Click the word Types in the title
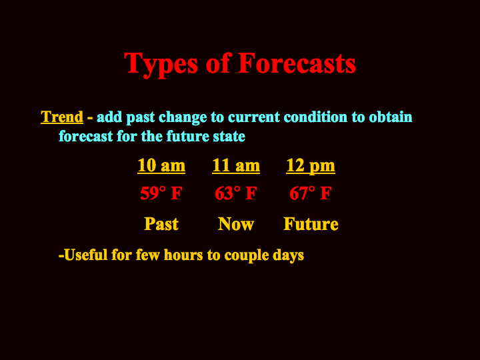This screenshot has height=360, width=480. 161,64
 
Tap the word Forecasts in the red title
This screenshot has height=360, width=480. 297,63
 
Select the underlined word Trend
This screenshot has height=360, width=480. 62,117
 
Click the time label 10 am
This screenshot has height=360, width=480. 161,165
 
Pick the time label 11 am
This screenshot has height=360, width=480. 236,165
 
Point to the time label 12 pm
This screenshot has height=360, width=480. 311,166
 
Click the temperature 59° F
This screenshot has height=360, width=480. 161,193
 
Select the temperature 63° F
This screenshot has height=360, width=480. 236,193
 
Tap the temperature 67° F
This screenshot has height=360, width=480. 311,193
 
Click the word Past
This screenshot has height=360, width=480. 161,224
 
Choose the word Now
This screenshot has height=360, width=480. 236,224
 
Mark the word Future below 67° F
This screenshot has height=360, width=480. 311,224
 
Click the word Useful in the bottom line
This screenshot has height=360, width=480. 86,255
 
